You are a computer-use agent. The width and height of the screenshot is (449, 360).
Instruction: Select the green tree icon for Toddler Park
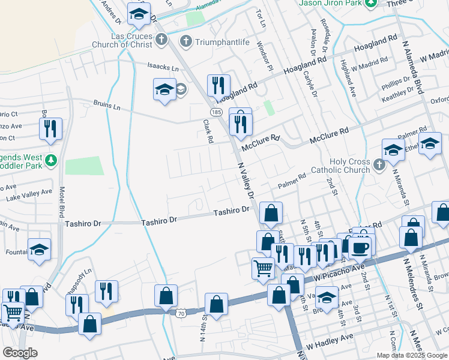(x=52, y=160)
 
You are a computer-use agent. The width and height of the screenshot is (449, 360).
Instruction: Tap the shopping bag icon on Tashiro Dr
(x=271, y=212)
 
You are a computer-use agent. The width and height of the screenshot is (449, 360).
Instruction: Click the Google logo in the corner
(x=20, y=353)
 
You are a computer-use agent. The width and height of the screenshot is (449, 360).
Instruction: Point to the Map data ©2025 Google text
(x=412, y=355)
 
